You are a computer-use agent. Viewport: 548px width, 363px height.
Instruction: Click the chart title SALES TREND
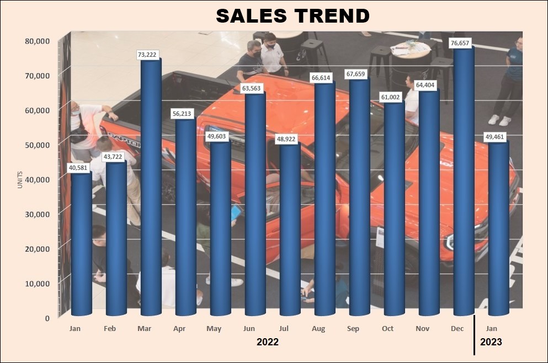coord(292,16)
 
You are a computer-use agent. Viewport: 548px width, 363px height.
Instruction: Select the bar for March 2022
coord(151,188)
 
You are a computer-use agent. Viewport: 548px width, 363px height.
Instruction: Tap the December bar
coord(464,182)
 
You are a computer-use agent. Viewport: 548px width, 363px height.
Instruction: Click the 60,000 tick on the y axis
coord(39,110)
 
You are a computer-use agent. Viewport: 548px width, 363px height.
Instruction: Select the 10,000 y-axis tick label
coord(39,284)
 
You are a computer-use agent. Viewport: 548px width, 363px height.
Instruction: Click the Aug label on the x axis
coord(318,329)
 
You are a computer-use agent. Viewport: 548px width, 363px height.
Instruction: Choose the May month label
coord(214,329)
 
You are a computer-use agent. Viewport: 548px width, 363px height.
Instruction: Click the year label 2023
coord(491,342)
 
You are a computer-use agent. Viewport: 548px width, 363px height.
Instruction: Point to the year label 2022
coord(268,342)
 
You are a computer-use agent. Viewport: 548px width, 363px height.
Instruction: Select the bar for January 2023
coord(498,226)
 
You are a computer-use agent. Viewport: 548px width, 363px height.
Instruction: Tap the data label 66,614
coord(324,78)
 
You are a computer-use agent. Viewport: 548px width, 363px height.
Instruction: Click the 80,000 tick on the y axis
coord(39,41)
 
